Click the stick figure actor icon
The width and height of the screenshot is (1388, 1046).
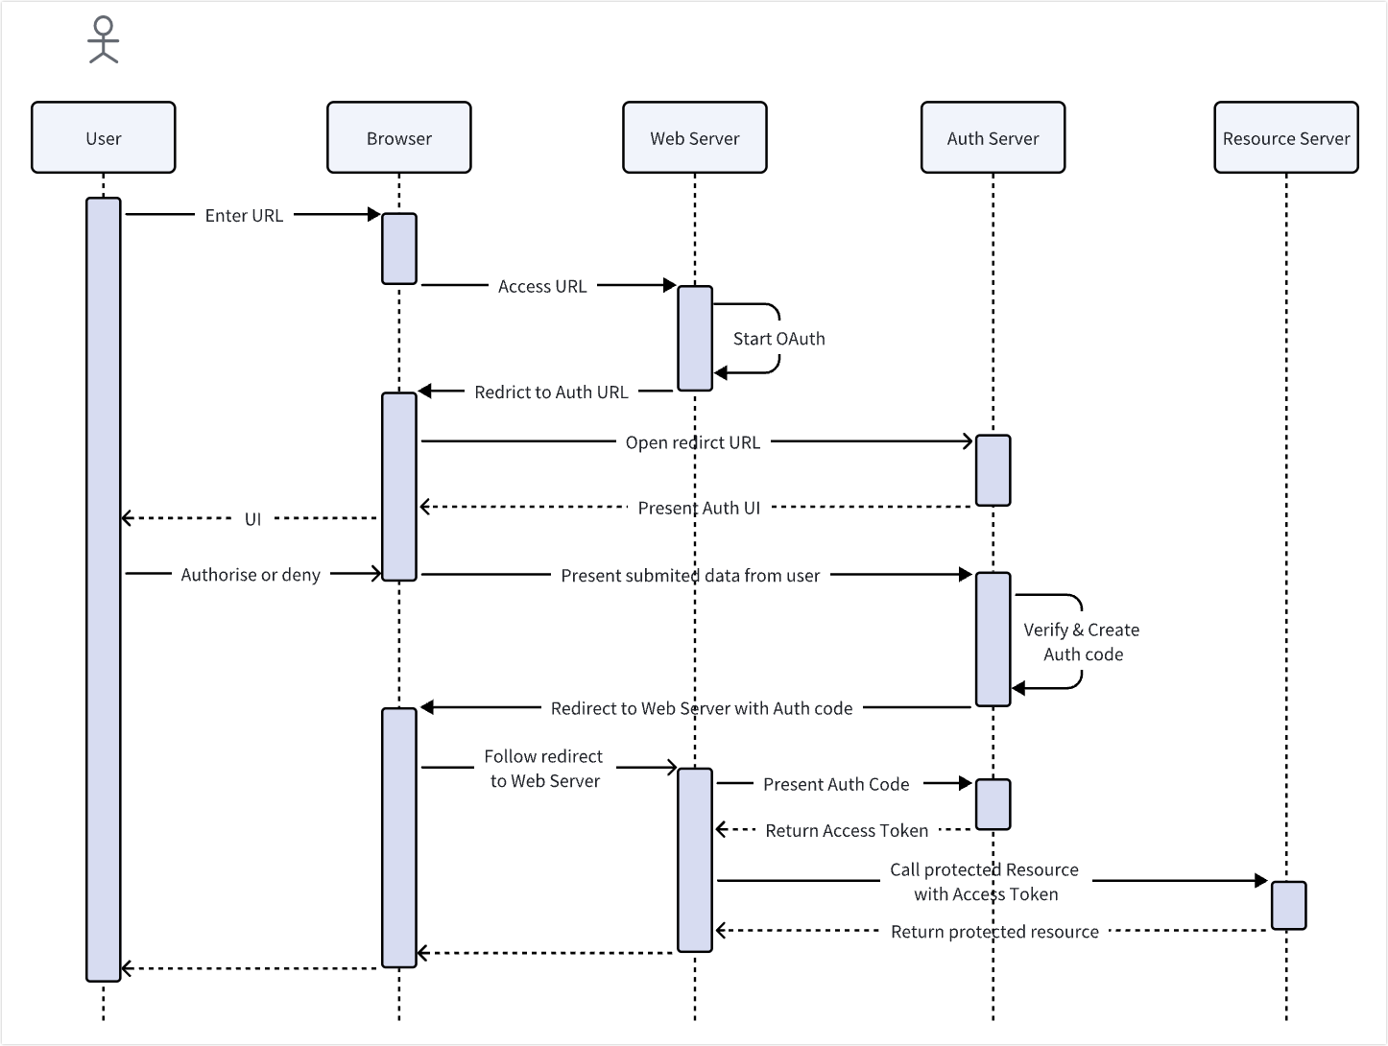coord(104,40)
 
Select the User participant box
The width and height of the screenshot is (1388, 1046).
coord(104,138)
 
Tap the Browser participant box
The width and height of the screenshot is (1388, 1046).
coord(399,138)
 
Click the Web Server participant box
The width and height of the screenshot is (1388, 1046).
coord(695,138)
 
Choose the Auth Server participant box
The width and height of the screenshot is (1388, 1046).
coord(993,138)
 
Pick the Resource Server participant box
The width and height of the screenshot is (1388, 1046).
coord(1286,138)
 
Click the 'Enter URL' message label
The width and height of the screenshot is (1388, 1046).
coord(244,216)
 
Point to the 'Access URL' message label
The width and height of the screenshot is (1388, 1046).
coord(542,286)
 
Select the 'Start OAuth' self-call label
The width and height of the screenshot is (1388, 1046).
coord(778,339)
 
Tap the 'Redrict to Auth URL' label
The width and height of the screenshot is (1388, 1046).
coord(551,392)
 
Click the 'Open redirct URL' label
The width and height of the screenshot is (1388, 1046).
coord(693,443)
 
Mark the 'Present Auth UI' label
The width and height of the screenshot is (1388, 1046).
coord(699,508)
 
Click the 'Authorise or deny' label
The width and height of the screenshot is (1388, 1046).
coord(251,575)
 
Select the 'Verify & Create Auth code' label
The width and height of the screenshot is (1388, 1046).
coord(1082,642)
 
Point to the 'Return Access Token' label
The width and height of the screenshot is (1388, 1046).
coord(847,831)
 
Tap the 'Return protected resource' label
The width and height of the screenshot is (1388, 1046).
coord(994,932)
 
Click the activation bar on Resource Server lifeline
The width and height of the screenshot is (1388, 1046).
coord(1288,905)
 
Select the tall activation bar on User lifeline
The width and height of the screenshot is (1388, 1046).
coord(104,589)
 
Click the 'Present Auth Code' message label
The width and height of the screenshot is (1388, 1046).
coord(836,784)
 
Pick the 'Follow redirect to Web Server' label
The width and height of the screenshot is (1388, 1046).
coord(544,769)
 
